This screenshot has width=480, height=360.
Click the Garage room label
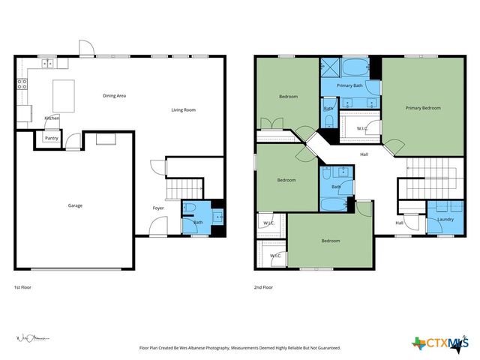[x=75, y=205]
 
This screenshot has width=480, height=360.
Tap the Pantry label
[x=52, y=138]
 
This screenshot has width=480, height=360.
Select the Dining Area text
[x=114, y=95]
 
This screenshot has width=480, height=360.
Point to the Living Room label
[x=183, y=110]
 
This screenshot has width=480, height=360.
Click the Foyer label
[x=158, y=208]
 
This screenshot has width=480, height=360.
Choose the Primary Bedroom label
[x=423, y=108]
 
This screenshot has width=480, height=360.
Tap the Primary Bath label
[x=349, y=86]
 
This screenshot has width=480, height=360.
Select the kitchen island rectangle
[x=63, y=95]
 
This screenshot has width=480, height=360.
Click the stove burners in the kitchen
[x=22, y=84]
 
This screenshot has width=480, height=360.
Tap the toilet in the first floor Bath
[x=190, y=211]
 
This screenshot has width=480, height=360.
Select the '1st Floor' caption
[x=22, y=287]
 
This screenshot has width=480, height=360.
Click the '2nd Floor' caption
[x=263, y=287]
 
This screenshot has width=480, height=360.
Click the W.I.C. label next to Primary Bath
[x=361, y=128]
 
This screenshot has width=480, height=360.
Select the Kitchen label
[x=52, y=118]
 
